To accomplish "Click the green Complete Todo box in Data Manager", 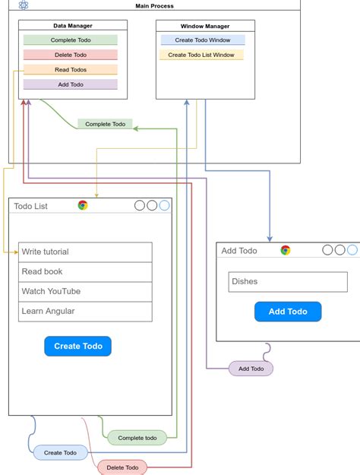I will click(x=70, y=40).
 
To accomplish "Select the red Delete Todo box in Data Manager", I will click(x=70, y=55).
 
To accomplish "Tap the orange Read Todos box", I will click(x=70, y=70).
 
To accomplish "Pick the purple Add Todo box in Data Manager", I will click(x=70, y=84).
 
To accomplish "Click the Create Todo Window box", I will click(x=202, y=40).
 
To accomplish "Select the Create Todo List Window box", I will click(x=201, y=55).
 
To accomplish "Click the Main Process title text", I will click(x=154, y=6).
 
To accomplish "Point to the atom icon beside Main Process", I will click(x=24, y=5).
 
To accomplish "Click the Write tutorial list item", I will click(x=85, y=252).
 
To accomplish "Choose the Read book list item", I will click(x=85, y=271).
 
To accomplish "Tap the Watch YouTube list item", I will click(x=85, y=291).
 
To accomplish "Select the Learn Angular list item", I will click(x=85, y=311).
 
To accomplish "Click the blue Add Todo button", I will click(x=287, y=312).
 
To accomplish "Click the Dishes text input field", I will click(x=287, y=281).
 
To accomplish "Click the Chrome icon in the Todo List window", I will click(x=83, y=205).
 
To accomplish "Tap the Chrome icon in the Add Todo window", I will click(x=286, y=250).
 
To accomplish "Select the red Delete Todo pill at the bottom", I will click(x=122, y=467).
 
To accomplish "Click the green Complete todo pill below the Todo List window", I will click(x=137, y=438).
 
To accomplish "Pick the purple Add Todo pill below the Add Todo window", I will click(x=251, y=369).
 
